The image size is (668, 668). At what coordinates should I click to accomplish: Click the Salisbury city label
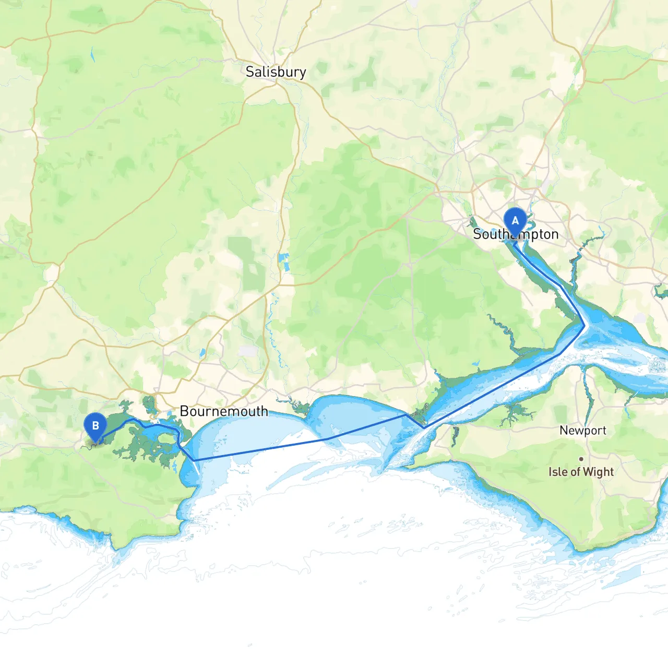276,72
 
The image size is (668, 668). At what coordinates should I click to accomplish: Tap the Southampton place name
516,234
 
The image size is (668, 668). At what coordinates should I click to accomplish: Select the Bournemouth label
224,411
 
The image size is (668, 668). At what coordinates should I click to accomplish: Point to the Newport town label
583,431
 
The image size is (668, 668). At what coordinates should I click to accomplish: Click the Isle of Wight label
581,472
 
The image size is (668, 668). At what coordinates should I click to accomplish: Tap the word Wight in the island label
598,472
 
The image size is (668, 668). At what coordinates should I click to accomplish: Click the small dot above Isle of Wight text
581,459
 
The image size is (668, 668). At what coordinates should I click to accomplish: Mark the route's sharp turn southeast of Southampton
584,326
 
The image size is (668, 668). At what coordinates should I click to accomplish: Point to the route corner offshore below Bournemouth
194,460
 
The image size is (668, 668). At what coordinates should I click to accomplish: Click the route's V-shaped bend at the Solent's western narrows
424,427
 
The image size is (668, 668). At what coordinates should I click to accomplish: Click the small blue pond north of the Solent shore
475,363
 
